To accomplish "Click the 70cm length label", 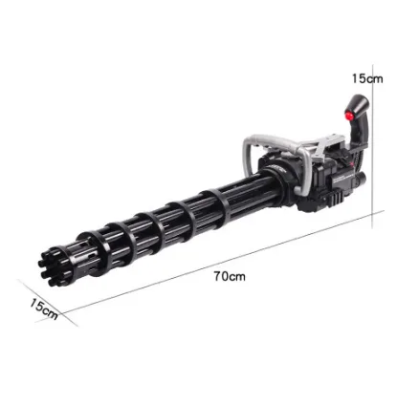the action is tap(230, 276).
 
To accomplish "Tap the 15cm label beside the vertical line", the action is tap(367, 78).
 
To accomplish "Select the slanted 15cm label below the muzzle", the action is tap(44, 309).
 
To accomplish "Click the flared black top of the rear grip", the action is tap(359, 104).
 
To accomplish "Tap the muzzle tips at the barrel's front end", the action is tap(51, 267).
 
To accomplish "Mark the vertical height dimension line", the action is tap(373, 150).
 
